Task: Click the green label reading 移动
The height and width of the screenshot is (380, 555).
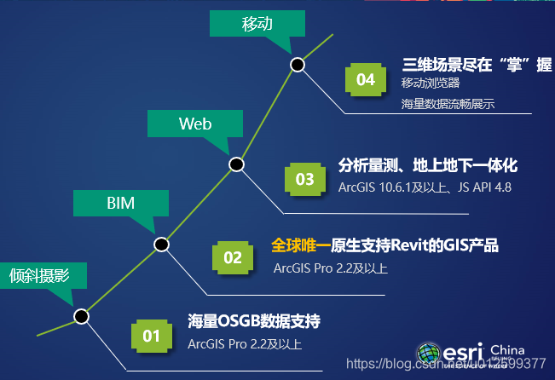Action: click(257, 24)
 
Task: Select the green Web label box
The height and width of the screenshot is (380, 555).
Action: click(195, 124)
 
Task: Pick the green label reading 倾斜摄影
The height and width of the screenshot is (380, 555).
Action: click(38, 275)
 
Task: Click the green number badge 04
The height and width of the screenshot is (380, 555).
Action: click(366, 80)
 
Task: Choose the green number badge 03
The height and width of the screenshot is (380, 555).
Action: click(304, 179)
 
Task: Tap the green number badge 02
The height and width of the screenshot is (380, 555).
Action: click(233, 256)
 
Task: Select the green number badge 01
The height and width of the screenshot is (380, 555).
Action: click(152, 336)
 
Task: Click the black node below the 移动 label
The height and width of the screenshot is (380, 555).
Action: click(297, 64)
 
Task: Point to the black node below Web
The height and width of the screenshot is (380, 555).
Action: click(236, 164)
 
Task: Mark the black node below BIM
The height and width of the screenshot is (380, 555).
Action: click(161, 245)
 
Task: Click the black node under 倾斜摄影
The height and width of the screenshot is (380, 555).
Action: click(81, 316)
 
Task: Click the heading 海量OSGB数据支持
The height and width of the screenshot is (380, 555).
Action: click(254, 322)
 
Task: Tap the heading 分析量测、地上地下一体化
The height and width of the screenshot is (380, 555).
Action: click(428, 165)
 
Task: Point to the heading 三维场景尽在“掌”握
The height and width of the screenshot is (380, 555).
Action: click(477, 65)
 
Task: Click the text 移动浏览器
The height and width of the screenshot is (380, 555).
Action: click(431, 83)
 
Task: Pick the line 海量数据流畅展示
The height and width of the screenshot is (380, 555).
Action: click(448, 104)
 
